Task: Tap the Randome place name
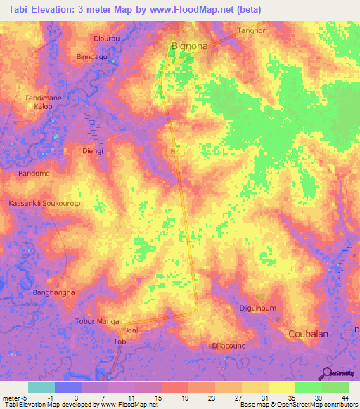coord(34,174)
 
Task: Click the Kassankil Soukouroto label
coord(44,203)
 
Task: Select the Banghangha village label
coord(54,292)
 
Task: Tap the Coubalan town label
coord(309,335)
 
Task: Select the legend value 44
coord(344,398)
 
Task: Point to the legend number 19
coord(184,398)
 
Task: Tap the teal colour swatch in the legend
coord(41,387)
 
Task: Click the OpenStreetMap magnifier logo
coord(326,374)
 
